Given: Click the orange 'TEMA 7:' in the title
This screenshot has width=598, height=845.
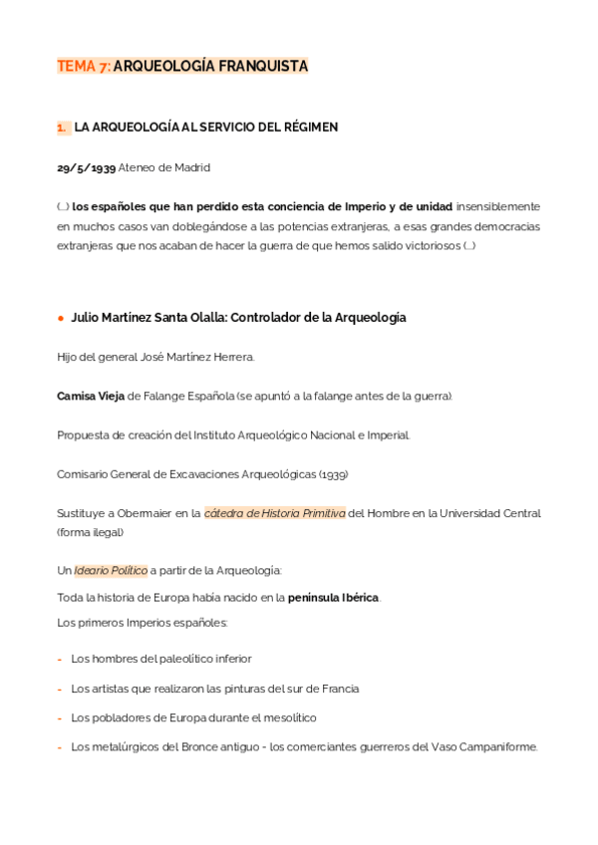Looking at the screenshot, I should point(84,66).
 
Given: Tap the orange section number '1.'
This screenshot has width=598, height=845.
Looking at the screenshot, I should point(62,128).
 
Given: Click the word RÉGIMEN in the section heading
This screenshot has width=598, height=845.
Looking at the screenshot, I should point(310,128).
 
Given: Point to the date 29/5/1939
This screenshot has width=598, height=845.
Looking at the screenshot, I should point(86,167).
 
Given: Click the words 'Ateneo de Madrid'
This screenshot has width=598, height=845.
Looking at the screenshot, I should point(164,167).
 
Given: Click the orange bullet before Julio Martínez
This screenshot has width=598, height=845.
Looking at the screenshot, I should point(61,318).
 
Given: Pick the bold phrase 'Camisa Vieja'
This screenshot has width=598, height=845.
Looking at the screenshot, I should point(91,396).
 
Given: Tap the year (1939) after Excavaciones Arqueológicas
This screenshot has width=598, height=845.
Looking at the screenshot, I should point(333,474).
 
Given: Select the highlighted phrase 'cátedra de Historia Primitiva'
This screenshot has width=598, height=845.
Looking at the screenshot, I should point(274,513).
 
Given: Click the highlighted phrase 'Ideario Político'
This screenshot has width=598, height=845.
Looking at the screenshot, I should point(111,571).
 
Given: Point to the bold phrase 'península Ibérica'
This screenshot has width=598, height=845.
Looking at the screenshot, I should point(333,598).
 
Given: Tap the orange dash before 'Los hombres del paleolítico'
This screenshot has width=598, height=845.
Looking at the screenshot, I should point(60,659).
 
